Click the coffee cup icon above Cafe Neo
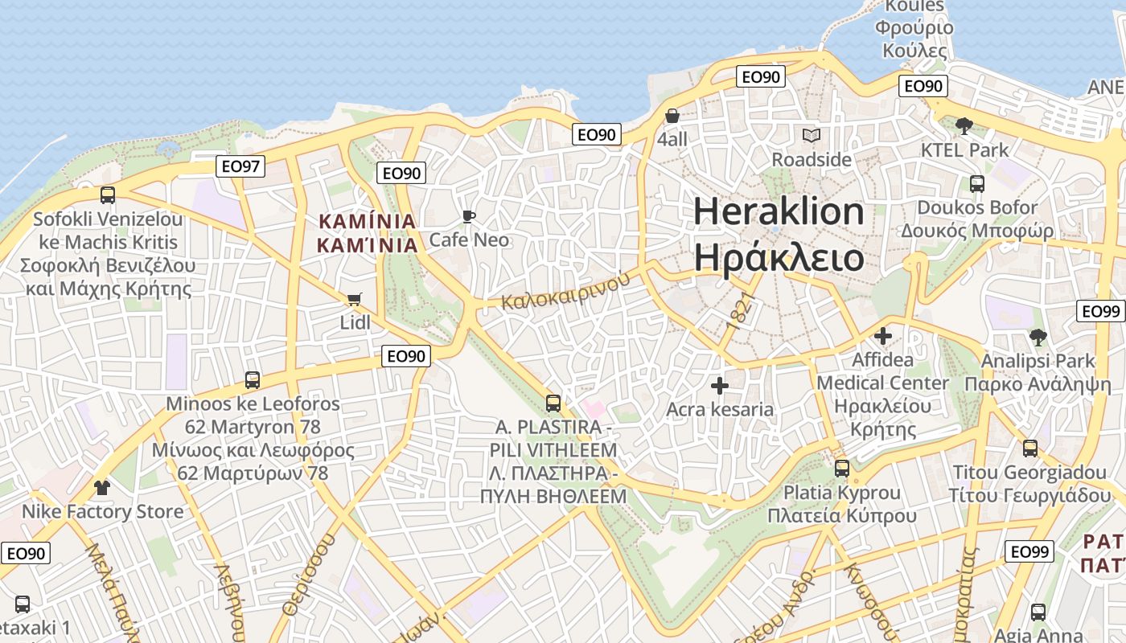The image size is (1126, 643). pyautogui.click(x=469, y=216)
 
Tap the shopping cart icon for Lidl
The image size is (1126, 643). pyautogui.click(x=354, y=300)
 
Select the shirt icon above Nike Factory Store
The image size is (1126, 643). pyautogui.click(x=101, y=487)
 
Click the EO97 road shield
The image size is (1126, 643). pyautogui.click(x=240, y=166)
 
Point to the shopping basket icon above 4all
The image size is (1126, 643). pyautogui.click(x=672, y=116)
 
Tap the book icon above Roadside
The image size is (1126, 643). pyautogui.click(x=812, y=136)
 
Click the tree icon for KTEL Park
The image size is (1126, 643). pyautogui.click(x=964, y=125)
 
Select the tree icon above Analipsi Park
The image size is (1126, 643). pyautogui.click(x=1038, y=337)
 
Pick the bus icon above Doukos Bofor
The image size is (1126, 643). pyautogui.click(x=977, y=184)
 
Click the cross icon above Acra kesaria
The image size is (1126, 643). pyautogui.click(x=720, y=386)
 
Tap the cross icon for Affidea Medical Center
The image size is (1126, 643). pyautogui.click(x=883, y=335)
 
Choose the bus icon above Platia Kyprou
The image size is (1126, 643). pyautogui.click(x=842, y=468)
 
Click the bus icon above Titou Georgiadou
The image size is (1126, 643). pyautogui.click(x=1030, y=448)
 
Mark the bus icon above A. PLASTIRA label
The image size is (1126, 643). pyautogui.click(x=553, y=403)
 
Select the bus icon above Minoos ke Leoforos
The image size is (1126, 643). pyautogui.click(x=253, y=379)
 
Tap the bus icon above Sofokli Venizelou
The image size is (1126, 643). pyautogui.click(x=107, y=195)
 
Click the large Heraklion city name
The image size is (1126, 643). pyautogui.click(x=779, y=234)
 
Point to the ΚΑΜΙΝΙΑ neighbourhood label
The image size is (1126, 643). pyautogui.click(x=368, y=232)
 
